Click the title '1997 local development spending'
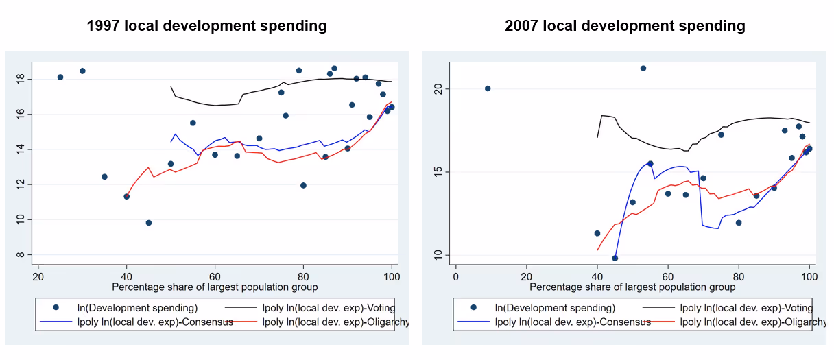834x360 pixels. tap(206, 27)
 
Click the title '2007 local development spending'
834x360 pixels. tap(625, 27)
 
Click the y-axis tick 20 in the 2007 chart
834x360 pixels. tap(440, 89)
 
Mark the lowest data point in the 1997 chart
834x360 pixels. tap(149, 223)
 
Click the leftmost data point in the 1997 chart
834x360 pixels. tap(60, 77)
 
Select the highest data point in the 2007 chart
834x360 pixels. tap(643, 68)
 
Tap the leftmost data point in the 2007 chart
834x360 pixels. tap(488, 88)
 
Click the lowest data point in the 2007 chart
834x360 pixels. tap(615, 259)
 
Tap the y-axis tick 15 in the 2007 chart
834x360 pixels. tap(440, 172)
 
